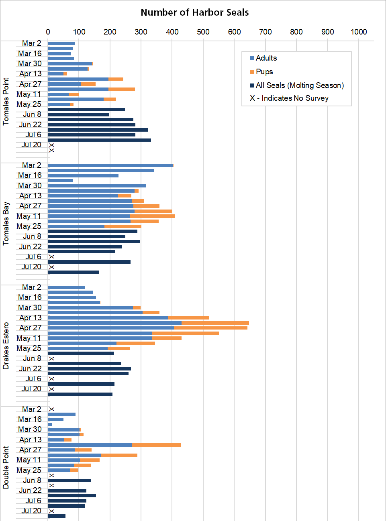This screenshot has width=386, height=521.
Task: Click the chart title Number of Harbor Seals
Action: click(194, 12)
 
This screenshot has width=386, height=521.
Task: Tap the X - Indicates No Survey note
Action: click(289, 98)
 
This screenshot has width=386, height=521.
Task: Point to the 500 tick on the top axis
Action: click(203, 32)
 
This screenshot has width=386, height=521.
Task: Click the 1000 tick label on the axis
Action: click(358, 32)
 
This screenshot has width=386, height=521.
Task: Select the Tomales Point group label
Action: click(6, 102)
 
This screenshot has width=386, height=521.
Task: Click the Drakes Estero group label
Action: click(6, 346)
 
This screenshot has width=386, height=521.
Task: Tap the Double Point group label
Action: click(6, 467)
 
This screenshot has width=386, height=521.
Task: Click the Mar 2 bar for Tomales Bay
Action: click(110, 165)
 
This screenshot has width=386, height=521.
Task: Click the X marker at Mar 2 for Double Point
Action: click(51, 409)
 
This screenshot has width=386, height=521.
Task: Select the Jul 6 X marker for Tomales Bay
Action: click(51, 257)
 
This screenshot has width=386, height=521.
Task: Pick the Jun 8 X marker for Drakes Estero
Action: click(51, 359)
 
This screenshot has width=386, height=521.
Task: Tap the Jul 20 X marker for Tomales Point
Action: click(51, 145)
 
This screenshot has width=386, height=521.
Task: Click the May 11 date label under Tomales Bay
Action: click(29, 216)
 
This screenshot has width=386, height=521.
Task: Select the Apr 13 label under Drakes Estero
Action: click(31, 318)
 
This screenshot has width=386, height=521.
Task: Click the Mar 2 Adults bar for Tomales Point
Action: click(61, 43)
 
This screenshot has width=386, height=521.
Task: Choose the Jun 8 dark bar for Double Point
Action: click(69, 480)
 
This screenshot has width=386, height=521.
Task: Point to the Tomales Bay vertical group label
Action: click(6, 224)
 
